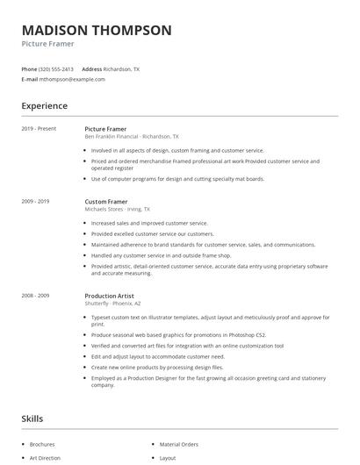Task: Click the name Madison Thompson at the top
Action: coord(97,30)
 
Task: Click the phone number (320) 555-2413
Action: coord(57,68)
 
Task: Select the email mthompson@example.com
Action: coord(72,79)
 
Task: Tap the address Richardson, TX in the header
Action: coord(121,68)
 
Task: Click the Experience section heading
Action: coord(45,106)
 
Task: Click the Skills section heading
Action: coord(32,418)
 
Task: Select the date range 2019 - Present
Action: coord(39,129)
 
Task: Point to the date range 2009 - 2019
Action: coord(35,202)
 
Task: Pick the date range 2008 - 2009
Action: coord(35,296)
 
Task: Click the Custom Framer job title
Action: coord(106,202)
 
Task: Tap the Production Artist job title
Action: coord(111,296)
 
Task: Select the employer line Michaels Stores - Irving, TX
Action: coord(117,210)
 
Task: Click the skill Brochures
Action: coord(42,444)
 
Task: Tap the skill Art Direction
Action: coord(44,457)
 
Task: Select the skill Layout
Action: coord(167,457)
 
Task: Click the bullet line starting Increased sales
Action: coord(149,224)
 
